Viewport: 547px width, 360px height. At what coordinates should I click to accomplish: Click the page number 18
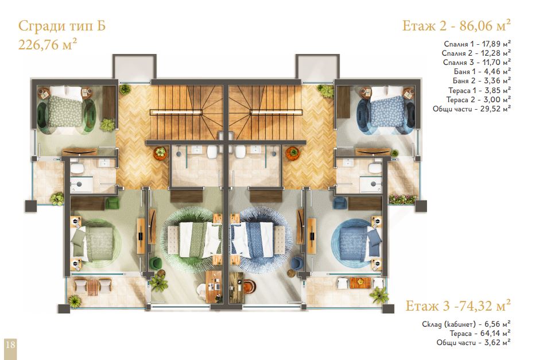point(10,344)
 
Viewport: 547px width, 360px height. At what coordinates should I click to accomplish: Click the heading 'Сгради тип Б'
point(62,26)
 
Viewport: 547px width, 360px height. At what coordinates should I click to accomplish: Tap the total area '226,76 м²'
point(48,44)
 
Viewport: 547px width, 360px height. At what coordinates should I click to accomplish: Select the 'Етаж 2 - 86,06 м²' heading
point(456,25)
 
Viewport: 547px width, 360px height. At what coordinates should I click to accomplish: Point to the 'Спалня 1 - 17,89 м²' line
point(477,44)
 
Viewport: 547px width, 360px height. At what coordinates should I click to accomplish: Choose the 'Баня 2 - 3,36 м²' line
point(482,80)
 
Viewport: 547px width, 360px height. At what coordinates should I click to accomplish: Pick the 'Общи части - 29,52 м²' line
point(472,109)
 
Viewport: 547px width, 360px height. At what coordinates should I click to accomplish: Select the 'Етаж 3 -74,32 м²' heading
point(457,306)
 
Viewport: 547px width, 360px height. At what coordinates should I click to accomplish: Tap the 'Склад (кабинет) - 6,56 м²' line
point(466,324)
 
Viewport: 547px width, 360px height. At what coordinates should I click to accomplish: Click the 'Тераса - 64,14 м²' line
point(480,334)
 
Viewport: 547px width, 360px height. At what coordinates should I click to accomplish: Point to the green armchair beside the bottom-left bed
point(112,204)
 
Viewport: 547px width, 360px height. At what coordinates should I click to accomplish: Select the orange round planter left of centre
point(161,153)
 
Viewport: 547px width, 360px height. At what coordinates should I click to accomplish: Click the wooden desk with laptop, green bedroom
point(214,287)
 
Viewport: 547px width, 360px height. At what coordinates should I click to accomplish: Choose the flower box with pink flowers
point(402,199)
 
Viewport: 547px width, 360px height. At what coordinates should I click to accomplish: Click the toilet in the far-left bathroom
point(77,168)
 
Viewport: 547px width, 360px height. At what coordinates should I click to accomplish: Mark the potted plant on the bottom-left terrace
point(74,301)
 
